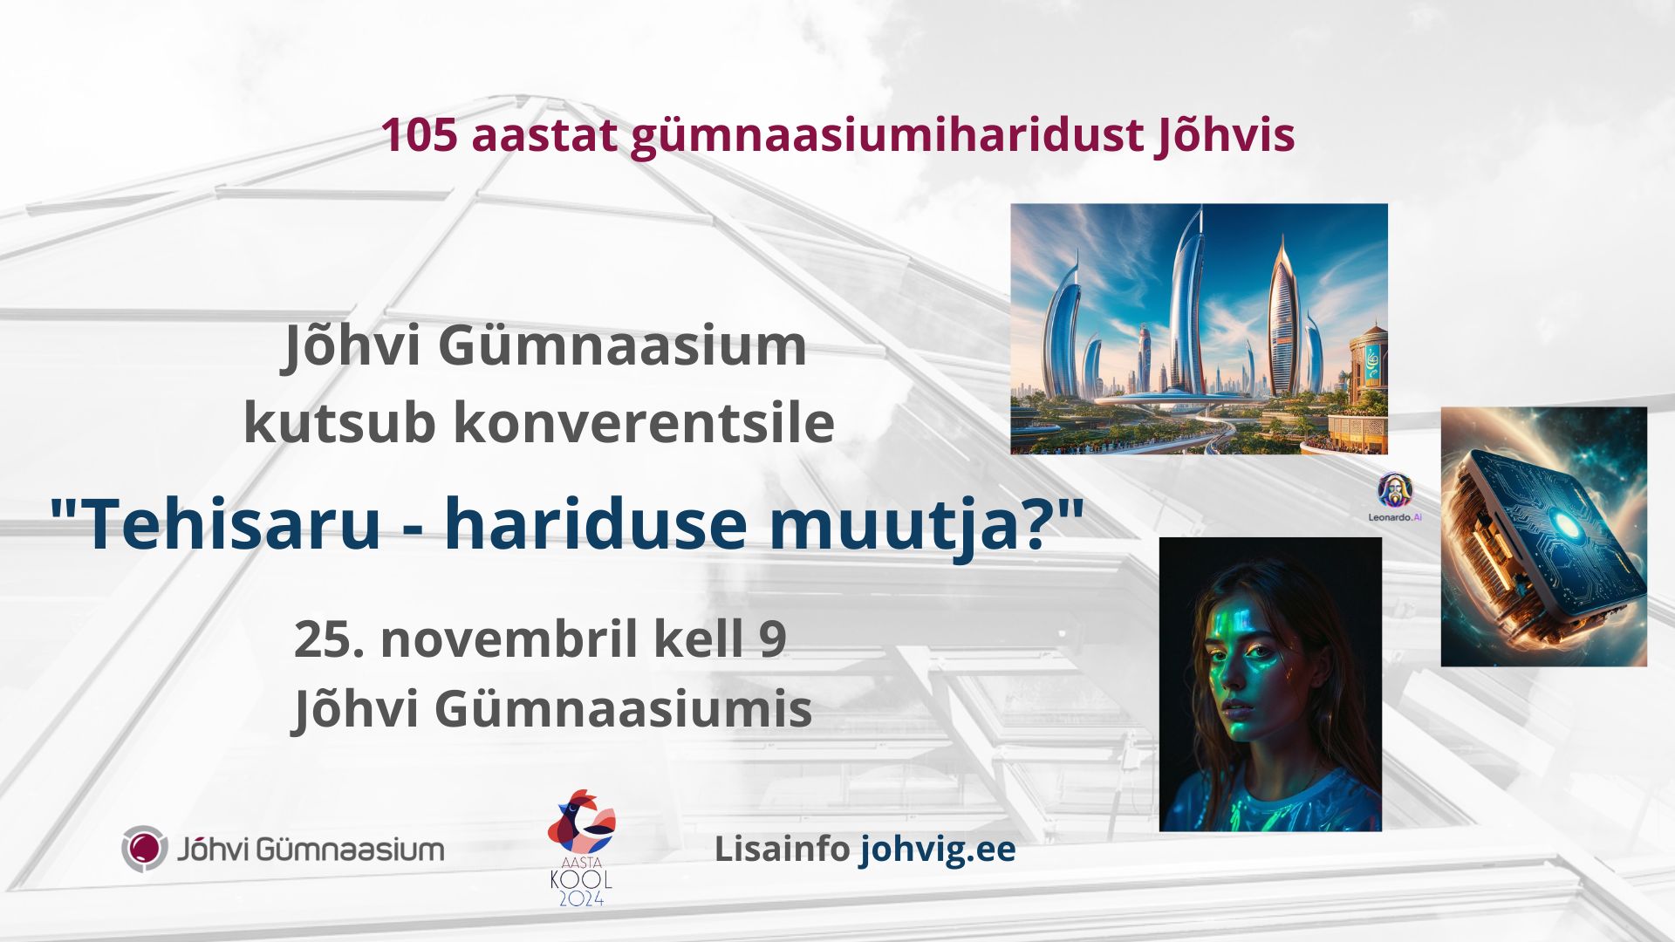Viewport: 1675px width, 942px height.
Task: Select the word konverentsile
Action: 644,423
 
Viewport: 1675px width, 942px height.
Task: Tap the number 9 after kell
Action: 773,639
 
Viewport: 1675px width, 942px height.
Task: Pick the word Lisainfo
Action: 782,849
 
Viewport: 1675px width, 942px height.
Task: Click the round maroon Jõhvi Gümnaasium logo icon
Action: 144,849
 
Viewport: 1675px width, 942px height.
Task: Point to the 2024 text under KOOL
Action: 581,897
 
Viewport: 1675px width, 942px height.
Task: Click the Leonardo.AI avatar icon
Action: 1395,490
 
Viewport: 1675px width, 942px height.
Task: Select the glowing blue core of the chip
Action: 1566,526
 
